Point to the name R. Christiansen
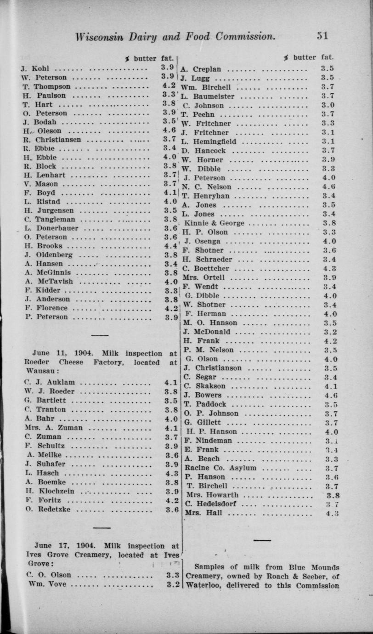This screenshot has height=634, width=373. click(x=52, y=140)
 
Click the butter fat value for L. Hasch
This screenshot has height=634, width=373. click(x=171, y=473)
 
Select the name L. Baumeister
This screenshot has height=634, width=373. click(x=208, y=96)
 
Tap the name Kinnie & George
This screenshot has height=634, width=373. click(x=214, y=223)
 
